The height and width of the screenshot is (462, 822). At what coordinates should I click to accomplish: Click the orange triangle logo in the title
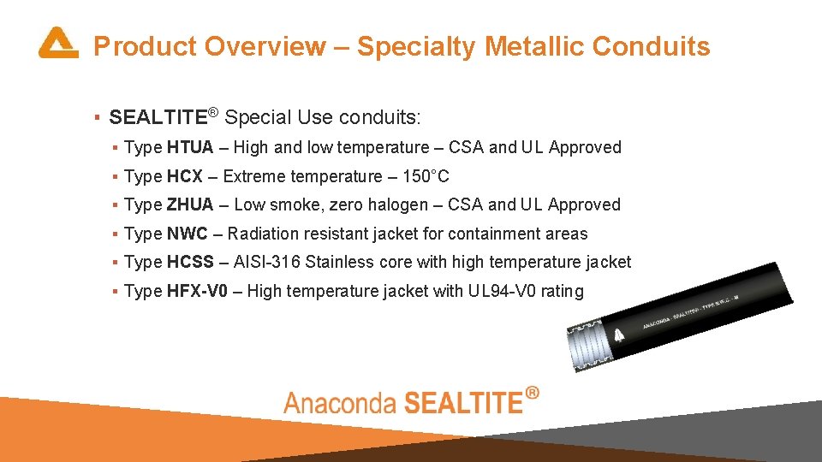(57, 44)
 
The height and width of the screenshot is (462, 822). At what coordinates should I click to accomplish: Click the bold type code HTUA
(190, 147)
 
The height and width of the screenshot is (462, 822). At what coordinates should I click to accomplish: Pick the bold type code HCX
(185, 176)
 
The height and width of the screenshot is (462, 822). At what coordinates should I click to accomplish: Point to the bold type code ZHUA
(190, 204)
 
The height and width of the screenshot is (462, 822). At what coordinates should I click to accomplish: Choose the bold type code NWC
(188, 234)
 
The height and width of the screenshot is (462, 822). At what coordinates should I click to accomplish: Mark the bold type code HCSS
(191, 262)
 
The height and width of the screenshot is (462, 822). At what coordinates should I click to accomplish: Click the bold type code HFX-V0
(198, 291)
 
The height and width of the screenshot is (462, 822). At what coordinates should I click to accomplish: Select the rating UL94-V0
(501, 291)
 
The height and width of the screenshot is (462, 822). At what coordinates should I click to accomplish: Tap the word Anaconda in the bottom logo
(339, 403)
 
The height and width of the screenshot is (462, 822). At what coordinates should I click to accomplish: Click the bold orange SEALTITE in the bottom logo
(462, 402)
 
